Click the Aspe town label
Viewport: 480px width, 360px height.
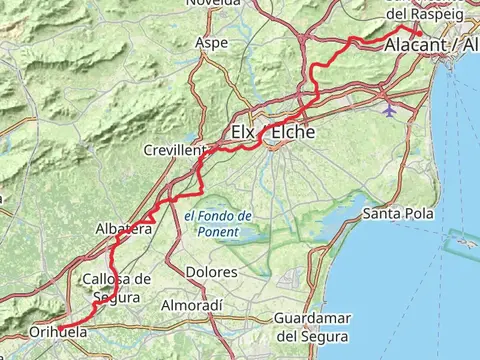(212, 43)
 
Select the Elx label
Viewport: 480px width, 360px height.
(243, 132)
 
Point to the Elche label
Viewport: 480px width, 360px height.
(288, 132)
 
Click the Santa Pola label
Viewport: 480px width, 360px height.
(398, 213)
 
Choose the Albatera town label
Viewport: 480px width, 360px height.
(123, 229)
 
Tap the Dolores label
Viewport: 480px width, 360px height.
(211, 272)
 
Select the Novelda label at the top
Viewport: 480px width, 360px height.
(213, 3)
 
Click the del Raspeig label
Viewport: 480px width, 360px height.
(418, 15)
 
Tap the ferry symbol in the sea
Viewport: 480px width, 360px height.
(462, 240)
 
